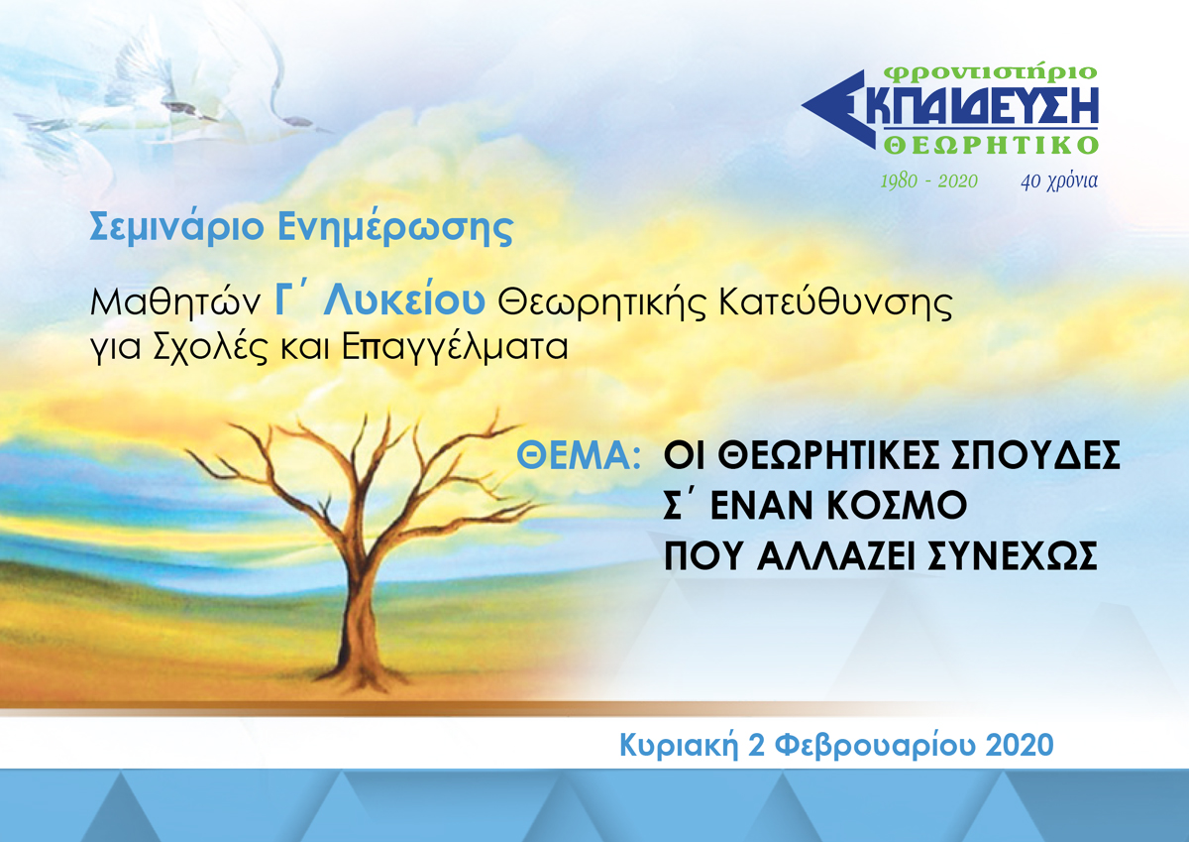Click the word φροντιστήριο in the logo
(x=992, y=73)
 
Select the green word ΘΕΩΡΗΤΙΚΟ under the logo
(x=991, y=145)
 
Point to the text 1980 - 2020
(x=929, y=181)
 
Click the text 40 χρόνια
(x=1059, y=181)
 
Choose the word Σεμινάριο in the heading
(x=177, y=228)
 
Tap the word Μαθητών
(x=175, y=303)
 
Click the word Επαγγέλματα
(x=455, y=349)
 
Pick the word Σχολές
(x=211, y=349)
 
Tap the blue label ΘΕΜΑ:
(x=579, y=456)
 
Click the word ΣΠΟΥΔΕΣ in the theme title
(x=1035, y=456)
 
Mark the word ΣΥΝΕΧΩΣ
(x=1013, y=555)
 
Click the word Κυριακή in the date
(x=679, y=747)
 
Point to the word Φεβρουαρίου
(x=875, y=747)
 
